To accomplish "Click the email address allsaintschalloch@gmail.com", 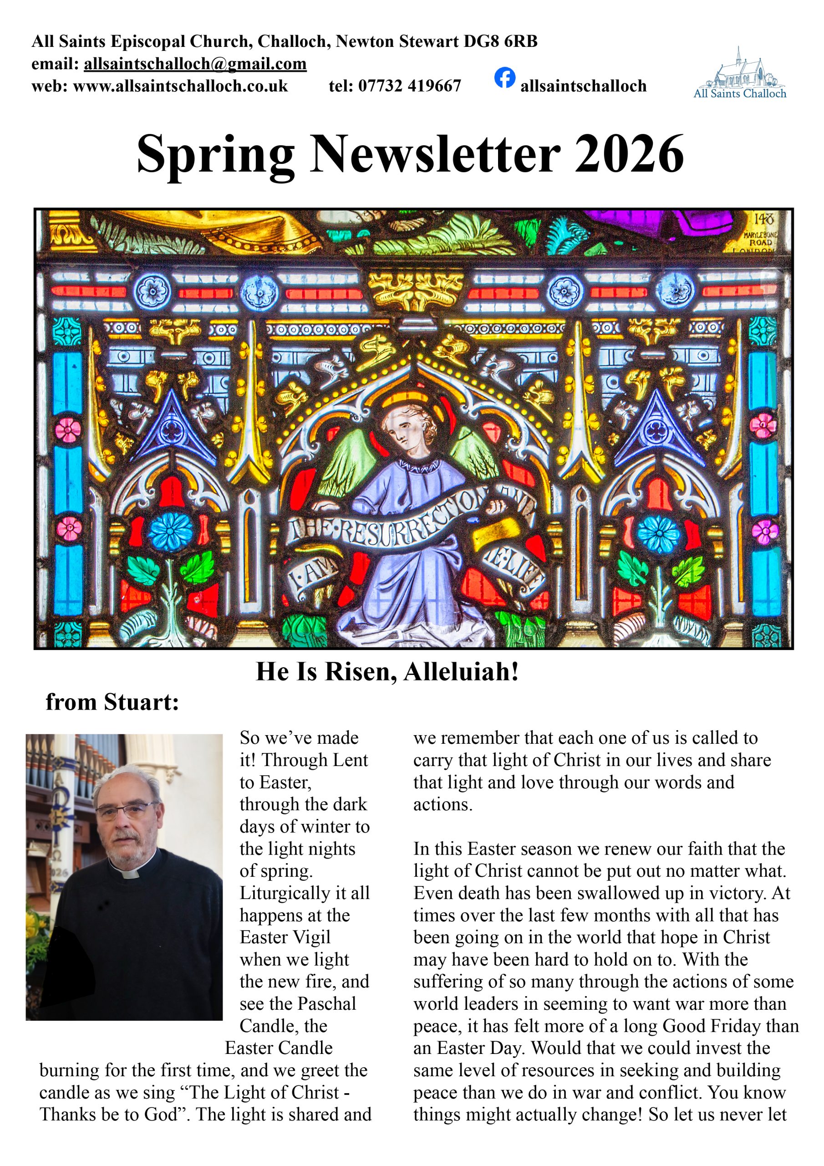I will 195,64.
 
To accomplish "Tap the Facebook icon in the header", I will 505,78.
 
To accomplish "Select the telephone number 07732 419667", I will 409,87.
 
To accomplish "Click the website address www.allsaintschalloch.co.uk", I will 180,87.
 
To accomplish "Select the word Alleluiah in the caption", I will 461,671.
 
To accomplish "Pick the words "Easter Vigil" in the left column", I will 285,937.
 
